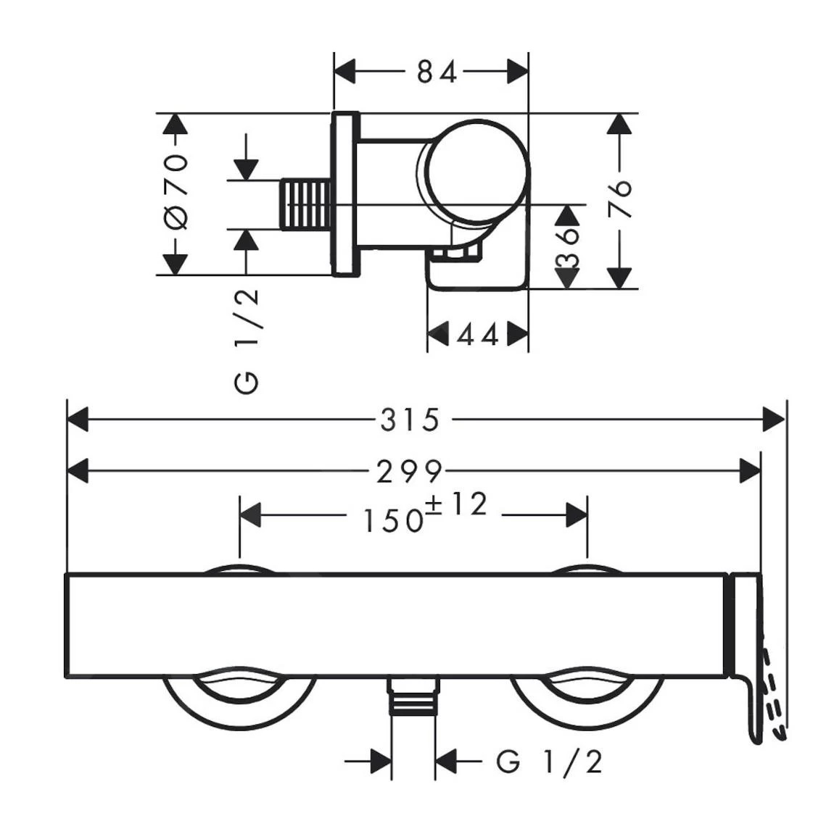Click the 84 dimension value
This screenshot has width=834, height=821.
pyautogui.click(x=437, y=72)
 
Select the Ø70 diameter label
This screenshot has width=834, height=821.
pyautogui.click(x=176, y=193)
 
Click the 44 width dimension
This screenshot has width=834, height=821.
pyautogui.click(x=478, y=335)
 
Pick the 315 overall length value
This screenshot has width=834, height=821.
pyautogui.click(x=410, y=420)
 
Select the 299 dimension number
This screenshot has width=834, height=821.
pyautogui.click(x=409, y=472)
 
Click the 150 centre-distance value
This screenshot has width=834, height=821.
pyautogui.click(x=392, y=520)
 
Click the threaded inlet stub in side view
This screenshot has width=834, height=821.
pyautogui.click(x=305, y=204)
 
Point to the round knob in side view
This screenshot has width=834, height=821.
pyautogui.click(x=476, y=170)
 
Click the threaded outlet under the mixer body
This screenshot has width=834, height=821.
pyautogui.click(x=414, y=697)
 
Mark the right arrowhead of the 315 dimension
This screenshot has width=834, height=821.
pyautogui.click(x=775, y=420)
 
